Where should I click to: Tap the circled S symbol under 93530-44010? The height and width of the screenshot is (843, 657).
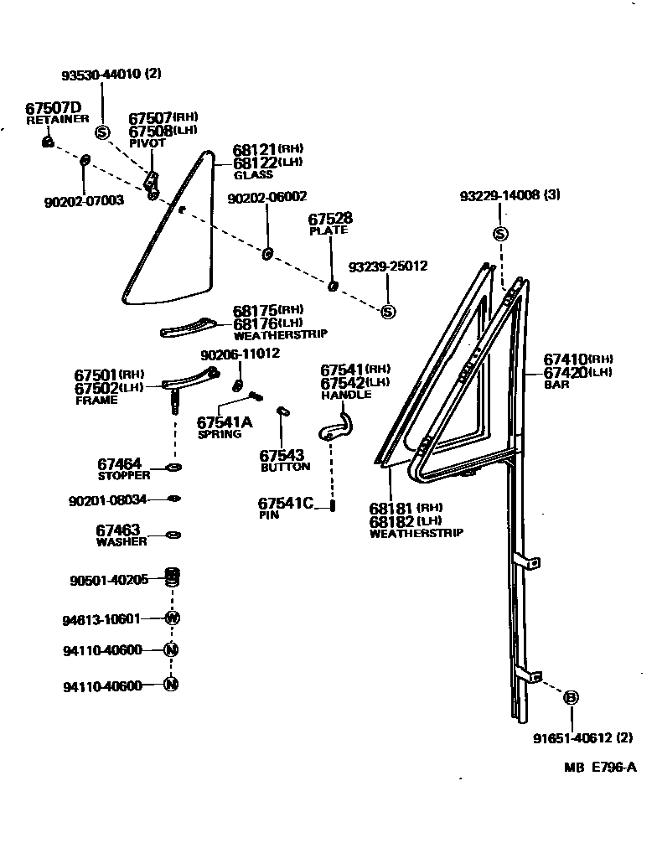(102, 132)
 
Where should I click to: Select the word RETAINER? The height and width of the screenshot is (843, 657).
(57, 120)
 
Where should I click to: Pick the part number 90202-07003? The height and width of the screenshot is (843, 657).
(83, 201)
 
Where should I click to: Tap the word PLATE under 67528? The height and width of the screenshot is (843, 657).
(328, 230)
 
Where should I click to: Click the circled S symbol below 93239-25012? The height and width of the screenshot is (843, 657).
(387, 312)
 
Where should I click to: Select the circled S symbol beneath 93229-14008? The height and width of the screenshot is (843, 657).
(500, 233)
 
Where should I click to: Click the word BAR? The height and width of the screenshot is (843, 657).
(556, 385)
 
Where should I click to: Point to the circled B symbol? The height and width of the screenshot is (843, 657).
(571, 697)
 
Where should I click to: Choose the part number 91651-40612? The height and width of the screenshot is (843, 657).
(572, 739)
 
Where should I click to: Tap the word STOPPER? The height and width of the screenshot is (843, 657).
(123, 475)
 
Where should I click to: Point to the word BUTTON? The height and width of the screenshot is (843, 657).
(285, 467)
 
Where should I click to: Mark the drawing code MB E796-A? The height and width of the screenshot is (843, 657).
(599, 768)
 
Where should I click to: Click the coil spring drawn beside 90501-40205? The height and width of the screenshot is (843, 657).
(174, 577)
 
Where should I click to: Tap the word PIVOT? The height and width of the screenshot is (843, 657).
(147, 143)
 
